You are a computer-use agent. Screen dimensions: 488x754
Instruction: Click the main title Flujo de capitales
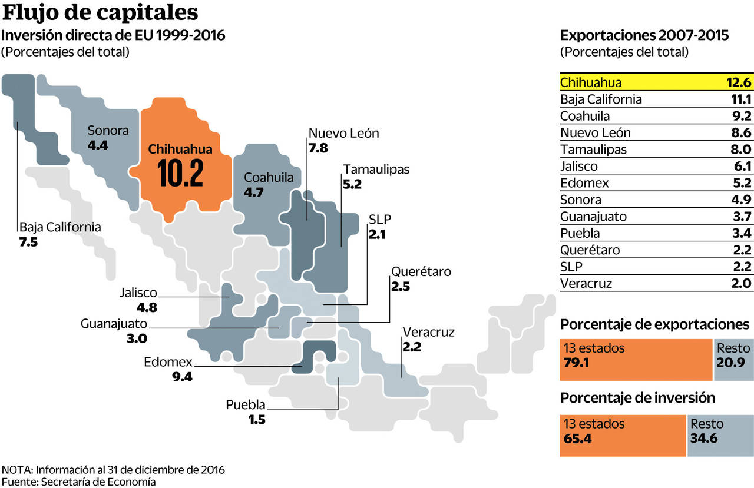coord(100,13)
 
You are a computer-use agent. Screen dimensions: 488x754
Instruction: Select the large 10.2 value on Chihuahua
coord(180,174)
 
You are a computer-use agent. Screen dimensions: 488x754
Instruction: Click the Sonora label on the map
coord(108,131)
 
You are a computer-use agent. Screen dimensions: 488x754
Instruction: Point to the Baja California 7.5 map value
coord(28,242)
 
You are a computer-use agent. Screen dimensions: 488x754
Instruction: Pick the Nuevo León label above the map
coord(343,133)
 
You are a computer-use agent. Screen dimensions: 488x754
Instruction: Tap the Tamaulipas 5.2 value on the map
coord(352,184)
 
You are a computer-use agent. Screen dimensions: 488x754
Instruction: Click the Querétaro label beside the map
coord(421,272)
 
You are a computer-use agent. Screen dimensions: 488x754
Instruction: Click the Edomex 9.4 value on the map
coord(182,377)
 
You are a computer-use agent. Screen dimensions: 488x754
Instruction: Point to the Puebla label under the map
coord(246,405)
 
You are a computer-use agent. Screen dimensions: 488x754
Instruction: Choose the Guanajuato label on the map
coord(114,323)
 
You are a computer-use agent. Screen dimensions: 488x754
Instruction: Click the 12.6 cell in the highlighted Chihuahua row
coord(739,82)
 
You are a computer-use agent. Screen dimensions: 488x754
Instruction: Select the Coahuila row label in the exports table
coord(585,116)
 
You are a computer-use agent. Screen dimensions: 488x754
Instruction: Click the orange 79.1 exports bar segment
coord(636,360)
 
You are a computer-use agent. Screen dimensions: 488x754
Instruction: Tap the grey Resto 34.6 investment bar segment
coord(719,436)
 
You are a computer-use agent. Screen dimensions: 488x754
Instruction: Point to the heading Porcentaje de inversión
coord(637,398)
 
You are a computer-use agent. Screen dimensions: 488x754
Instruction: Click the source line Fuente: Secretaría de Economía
coord(78,482)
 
